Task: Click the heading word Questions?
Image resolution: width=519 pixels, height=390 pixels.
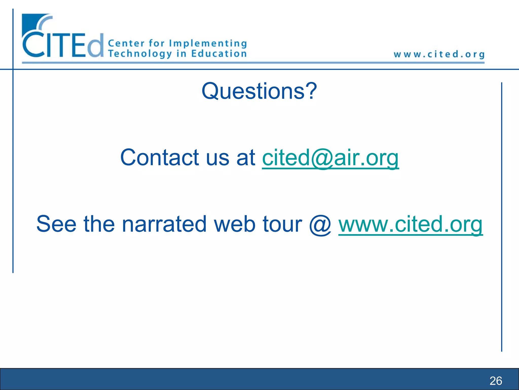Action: point(259,91)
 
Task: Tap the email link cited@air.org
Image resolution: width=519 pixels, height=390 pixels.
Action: point(330,158)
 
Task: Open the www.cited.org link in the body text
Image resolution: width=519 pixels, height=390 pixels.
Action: point(411,224)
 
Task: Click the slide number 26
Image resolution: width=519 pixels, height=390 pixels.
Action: point(496,381)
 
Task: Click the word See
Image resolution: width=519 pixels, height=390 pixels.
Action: point(56,224)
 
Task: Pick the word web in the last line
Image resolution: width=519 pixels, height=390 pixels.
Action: point(234,224)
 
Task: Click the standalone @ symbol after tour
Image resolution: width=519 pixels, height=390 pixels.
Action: point(320,224)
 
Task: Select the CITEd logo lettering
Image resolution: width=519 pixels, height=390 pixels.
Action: point(63,46)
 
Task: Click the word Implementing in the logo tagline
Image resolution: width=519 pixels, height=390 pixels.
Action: point(208,44)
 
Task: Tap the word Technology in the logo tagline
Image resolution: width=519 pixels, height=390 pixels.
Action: point(140,54)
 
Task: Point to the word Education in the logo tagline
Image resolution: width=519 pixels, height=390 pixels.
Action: point(219,54)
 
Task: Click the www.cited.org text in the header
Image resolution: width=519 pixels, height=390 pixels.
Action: point(439,54)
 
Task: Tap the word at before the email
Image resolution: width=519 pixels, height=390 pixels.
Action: point(246,158)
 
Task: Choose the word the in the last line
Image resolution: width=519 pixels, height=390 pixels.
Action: point(99,224)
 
